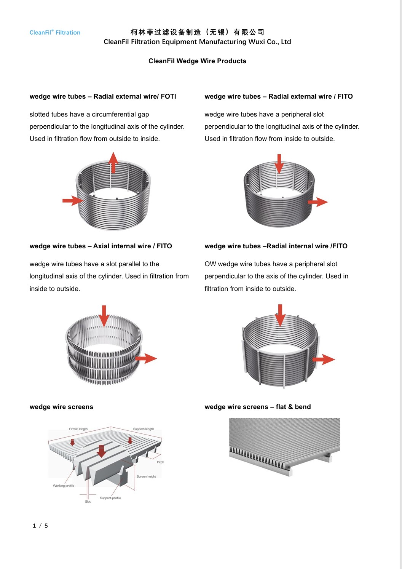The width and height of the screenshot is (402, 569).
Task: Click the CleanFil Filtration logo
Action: coord(55,32)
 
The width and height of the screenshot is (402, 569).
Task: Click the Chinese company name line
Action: coord(197,32)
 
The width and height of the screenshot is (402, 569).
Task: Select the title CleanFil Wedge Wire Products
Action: coord(197,61)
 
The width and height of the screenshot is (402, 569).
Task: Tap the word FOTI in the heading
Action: coord(168,96)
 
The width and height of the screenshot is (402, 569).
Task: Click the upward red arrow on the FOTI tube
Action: coord(113,163)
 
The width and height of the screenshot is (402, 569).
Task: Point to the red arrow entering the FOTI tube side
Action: coord(73,201)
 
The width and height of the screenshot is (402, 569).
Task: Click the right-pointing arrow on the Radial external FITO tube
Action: coord(318,202)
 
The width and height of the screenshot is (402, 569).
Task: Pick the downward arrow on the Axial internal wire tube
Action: coord(104,316)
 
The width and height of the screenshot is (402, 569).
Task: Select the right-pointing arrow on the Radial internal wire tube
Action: coord(324,360)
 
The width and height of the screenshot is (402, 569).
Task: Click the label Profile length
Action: coord(78,429)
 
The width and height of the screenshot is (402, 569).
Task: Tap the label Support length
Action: coord(144,429)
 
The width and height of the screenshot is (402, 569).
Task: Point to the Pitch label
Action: coord(161,462)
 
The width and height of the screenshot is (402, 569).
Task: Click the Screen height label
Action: coord(146,476)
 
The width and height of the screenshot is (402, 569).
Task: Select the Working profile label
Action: coord(64,486)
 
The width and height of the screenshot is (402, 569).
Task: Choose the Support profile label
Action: coord(110,498)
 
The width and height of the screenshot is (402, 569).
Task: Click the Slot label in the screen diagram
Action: coord(88,502)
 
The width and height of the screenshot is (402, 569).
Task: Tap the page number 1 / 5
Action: coord(40,526)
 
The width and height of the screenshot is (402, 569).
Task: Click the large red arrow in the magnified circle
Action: coord(101,451)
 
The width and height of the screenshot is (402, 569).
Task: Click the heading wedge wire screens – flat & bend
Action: coord(258,407)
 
